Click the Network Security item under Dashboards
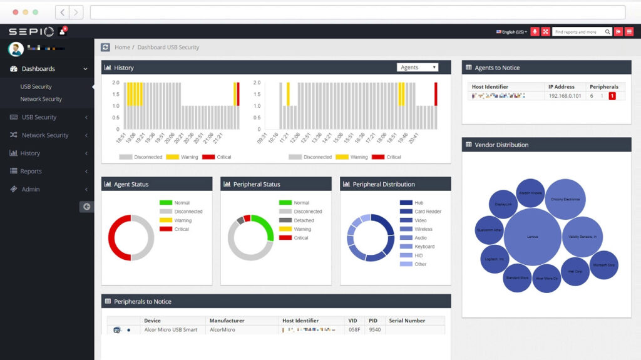click(41, 99)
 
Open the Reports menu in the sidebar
click(31, 171)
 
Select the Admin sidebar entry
click(30, 189)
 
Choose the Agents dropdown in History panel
click(417, 68)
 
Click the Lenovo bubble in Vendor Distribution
click(532, 237)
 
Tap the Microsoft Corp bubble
click(604, 265)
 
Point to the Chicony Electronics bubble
click(565, 199)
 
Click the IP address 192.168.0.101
click(565, 96)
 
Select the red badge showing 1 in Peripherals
click(612, 96)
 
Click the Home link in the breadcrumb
click(122, 47)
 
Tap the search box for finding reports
click(577, 32)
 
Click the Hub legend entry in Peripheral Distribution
click(419, 203)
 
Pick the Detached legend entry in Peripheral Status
click(304, 220)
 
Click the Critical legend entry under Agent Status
click(181, 229)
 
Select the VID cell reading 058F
click(354, 329)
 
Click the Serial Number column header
click(407, 321)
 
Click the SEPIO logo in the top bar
click(31, 31)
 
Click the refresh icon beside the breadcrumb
click(106, 47)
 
